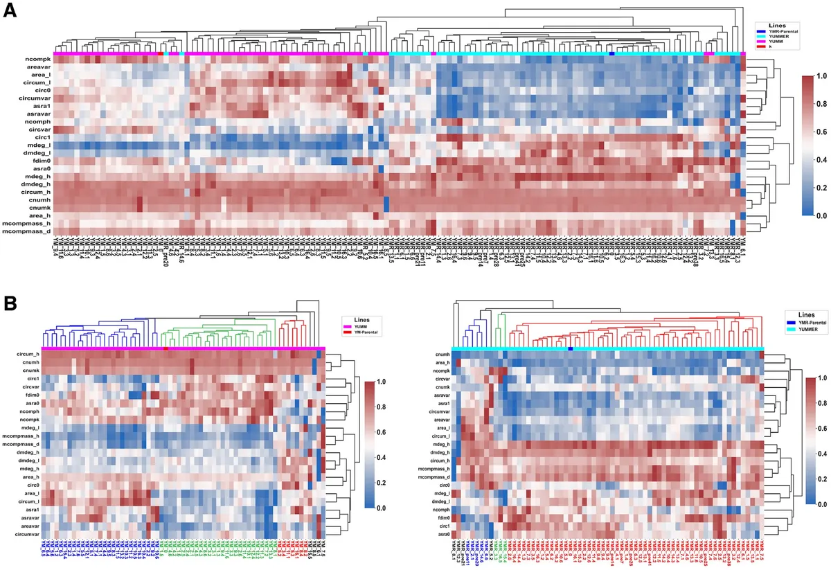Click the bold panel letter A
(12, 12)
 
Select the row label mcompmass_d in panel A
(28, 231)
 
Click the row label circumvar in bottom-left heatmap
(24, 515)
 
